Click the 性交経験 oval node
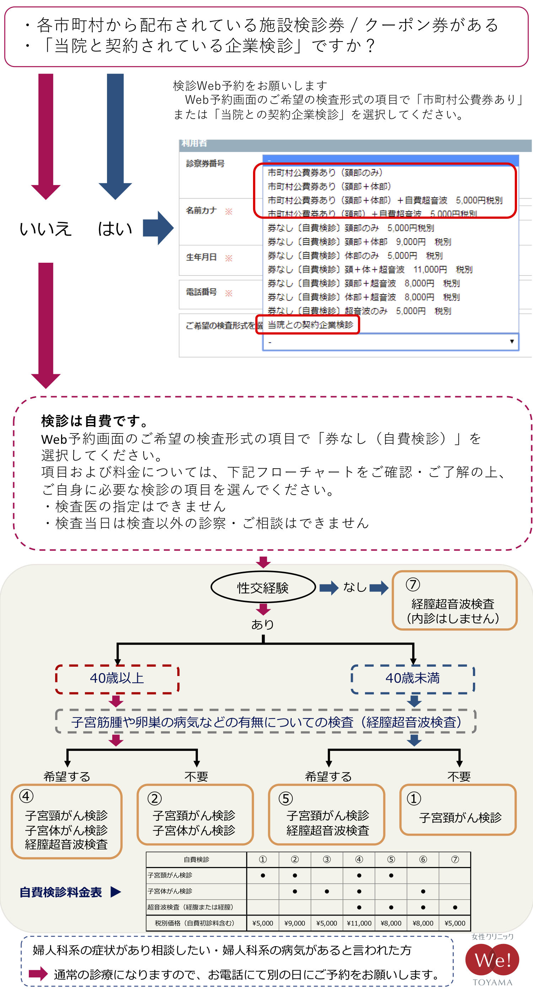pyautogui.click(x=263, y=588)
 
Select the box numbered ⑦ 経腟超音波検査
pyautogui.click(x=454, y=601)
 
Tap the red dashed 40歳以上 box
pyautogui.click(x=117, y=679)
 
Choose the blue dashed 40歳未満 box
pyautogui.click(x=412, y=679)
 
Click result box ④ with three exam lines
pyautogui.click(x=66, y=821)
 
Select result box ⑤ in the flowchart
pyautogui.click(x=327, y=814)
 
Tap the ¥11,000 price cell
pyautogui.click(x=359, y=923)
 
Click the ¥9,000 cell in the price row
pyautogui.click(x=295, y=923)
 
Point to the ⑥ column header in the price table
pyautogui.click(x=423, y=860)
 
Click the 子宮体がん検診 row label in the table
pyautogui.click(x=170, y=891)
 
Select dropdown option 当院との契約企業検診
pyautogui.click(x=310, y=325)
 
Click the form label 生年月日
pyautogui.click(x=201, y=257)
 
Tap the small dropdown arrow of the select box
pyautogui.click(x=512, y=342)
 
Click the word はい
pyautogui.click(x=115, y=229)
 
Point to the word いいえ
pyautogui.click(x=45, y=229)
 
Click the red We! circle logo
pyautogui.click(x=492, y=960)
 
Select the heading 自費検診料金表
pyautogui.click(x=61, y=892)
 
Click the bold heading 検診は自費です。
pyautogui.click(x=95, y=421)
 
